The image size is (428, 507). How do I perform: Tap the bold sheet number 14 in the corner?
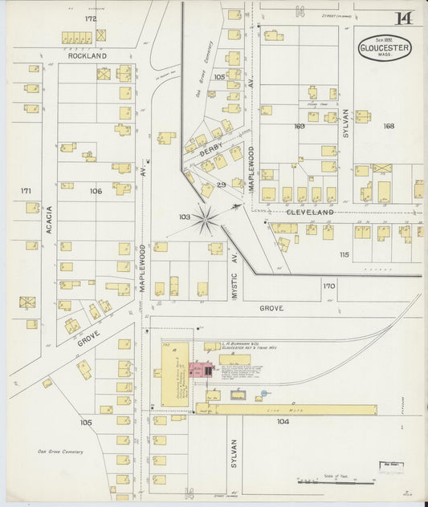click(404, 18)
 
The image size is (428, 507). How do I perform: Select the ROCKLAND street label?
click(87, 56)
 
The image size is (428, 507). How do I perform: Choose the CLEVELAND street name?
click(310, 213)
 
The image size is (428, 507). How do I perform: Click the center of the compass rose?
click(206, 217)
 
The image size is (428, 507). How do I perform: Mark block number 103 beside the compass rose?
click(185, 217)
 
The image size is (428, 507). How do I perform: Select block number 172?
click(90, 18)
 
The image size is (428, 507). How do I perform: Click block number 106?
click(96, 191)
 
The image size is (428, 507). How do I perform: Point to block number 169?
click(300, 126)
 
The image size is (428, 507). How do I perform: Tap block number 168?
click(389, 126)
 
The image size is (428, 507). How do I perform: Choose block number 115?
click(344, 254)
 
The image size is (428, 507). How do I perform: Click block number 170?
click(328, 286)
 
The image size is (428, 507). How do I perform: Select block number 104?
click(283, 421)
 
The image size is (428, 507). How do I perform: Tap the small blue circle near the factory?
click(263, 394)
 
